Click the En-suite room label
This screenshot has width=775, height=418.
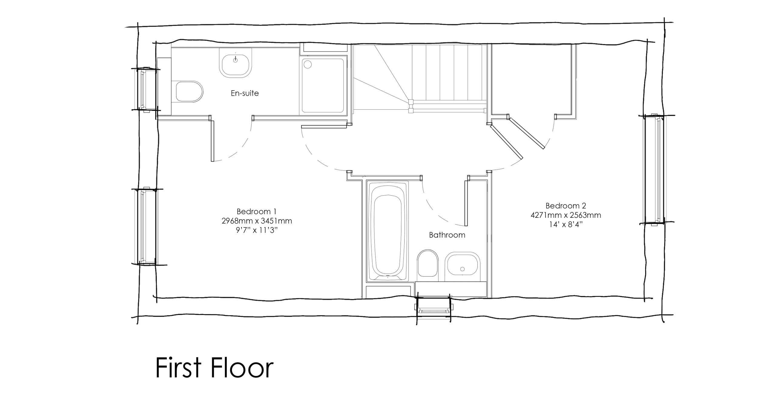pyautogui.click(x=245, y=93)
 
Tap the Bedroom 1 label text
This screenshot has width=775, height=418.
pyautogui.click(x=256, y=211)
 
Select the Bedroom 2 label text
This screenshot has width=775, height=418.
pyautogui.click(x=566, y=206)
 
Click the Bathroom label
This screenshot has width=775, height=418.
pyautogui.click(x=447, y=235)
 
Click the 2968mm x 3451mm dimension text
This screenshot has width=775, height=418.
pyautogui.click(x=257, y=221)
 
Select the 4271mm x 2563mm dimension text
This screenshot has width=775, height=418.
pyautogui.click(x=566, y=215)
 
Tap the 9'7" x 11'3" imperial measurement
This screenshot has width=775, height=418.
pyautogui.click(x=257, y=230)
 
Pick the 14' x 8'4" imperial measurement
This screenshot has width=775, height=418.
pyautogui.click(x=566, y=224)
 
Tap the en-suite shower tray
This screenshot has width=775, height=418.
pyautogui.click(x=323, y=85)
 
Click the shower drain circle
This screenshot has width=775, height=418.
pyautogui.click(x=308, y=64)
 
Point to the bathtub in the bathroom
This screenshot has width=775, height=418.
pyautogui.click(x=387, y=231)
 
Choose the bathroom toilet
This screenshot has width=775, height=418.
pyautogui.click(x=428, y=263)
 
